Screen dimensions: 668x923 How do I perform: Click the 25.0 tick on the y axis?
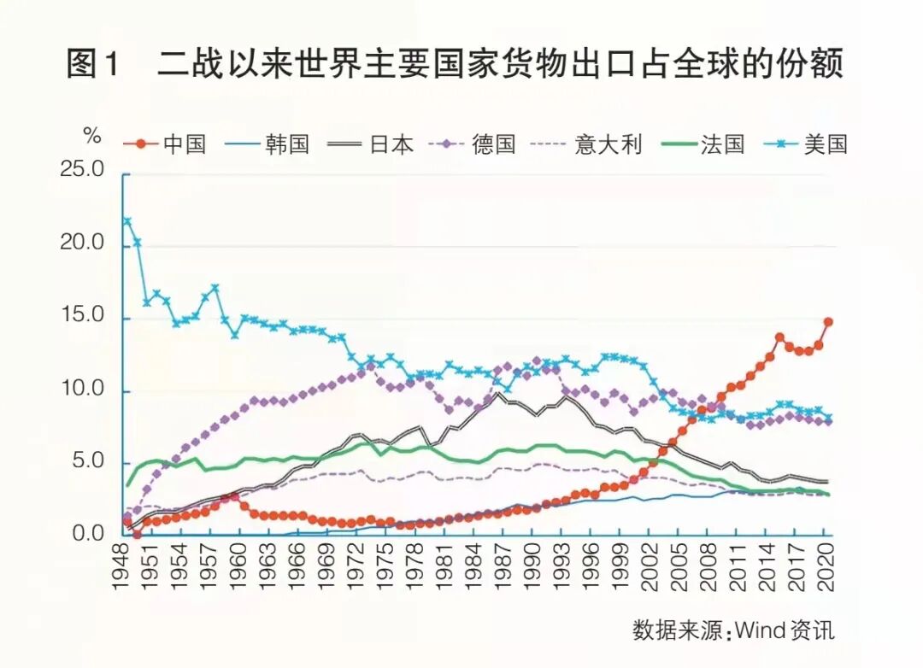[82, 172]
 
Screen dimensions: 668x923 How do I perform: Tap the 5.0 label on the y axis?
[87, 462]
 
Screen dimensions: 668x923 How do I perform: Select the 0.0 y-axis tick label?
[87, 535]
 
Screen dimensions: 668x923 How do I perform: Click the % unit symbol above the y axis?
[91, 136]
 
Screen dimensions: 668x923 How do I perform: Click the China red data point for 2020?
[827, 322]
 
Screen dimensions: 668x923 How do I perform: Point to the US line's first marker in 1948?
[127, 221]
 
